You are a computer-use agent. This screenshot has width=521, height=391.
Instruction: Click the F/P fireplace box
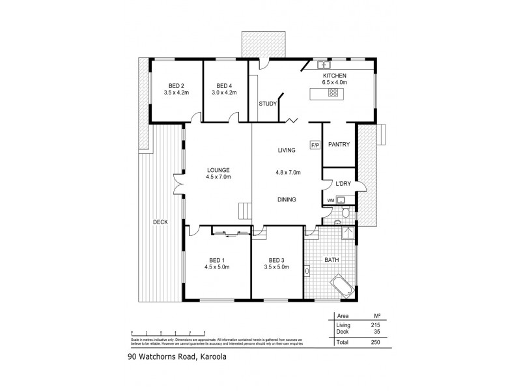click(x=315, y=145)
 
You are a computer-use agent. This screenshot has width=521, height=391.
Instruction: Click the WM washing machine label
click(x=330, y=200)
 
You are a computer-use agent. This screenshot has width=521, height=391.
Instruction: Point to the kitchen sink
click(x=323, y=65)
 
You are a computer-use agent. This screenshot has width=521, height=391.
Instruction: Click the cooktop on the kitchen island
click(x=333, y=93)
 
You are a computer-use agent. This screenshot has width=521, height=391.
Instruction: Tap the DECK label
click(x=160, y=222)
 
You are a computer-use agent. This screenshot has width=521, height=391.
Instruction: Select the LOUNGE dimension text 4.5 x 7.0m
click(x=219, y=177)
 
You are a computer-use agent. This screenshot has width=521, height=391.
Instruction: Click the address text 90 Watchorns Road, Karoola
click(x=177, y=356)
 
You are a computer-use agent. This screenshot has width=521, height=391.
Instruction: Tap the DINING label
click(x=286, y=199)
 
